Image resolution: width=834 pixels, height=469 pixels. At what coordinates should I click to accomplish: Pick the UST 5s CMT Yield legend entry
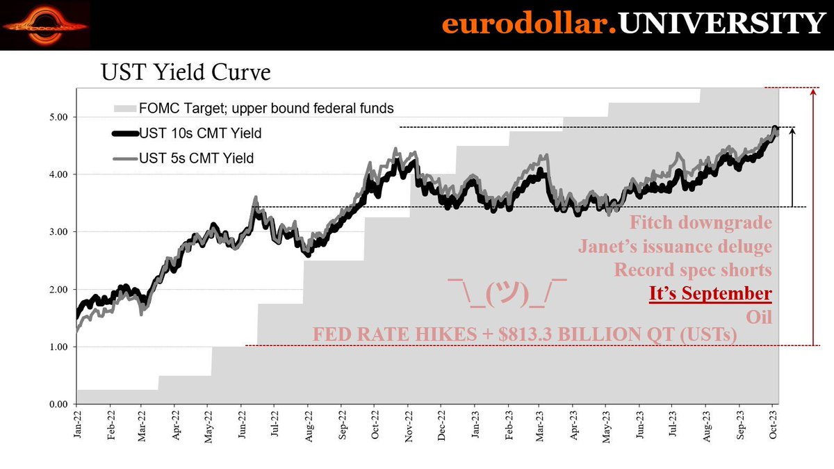click(x=196, y=158)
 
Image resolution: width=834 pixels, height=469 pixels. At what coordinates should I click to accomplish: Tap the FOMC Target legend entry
click(x=266, y=108)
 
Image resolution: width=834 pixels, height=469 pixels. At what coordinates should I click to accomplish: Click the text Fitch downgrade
click(x=701, y=224)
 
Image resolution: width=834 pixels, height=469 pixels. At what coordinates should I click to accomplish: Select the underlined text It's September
click(x=710, y=293)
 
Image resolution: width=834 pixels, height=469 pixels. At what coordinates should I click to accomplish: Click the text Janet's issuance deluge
click(x=675, y=247)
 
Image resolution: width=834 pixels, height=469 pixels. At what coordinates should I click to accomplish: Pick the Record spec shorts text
click(x=692, y=270)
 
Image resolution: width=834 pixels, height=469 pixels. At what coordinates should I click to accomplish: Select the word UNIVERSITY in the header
click(x=721, y=25)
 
